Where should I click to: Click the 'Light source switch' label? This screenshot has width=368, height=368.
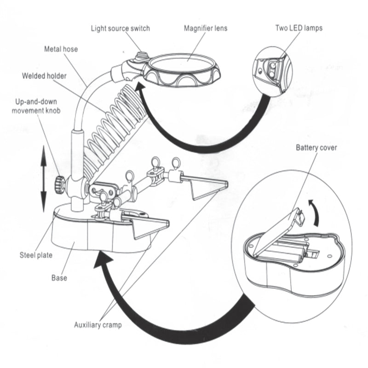tap(121, 29)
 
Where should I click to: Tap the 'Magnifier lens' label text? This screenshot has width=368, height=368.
tap(206, 29)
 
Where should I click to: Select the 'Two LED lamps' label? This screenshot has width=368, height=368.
tap(299, 28)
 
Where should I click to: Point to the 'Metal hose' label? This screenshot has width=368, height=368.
tap(61, 48)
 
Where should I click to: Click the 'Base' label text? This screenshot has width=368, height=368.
tap(59, 277)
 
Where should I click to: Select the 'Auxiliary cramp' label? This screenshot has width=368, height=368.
tap(98, 325)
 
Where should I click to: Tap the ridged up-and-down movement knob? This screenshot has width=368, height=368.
tap(58, 184)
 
